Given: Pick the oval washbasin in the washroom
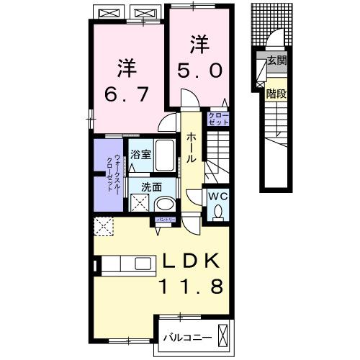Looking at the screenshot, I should (166, 204).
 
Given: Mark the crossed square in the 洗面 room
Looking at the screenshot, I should (138, 202).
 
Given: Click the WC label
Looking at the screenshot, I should (218, 196).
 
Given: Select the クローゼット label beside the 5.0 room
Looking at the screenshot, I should (219, 119).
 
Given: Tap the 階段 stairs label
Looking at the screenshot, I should (276, 93).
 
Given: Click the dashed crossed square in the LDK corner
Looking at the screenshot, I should (103, 227).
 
